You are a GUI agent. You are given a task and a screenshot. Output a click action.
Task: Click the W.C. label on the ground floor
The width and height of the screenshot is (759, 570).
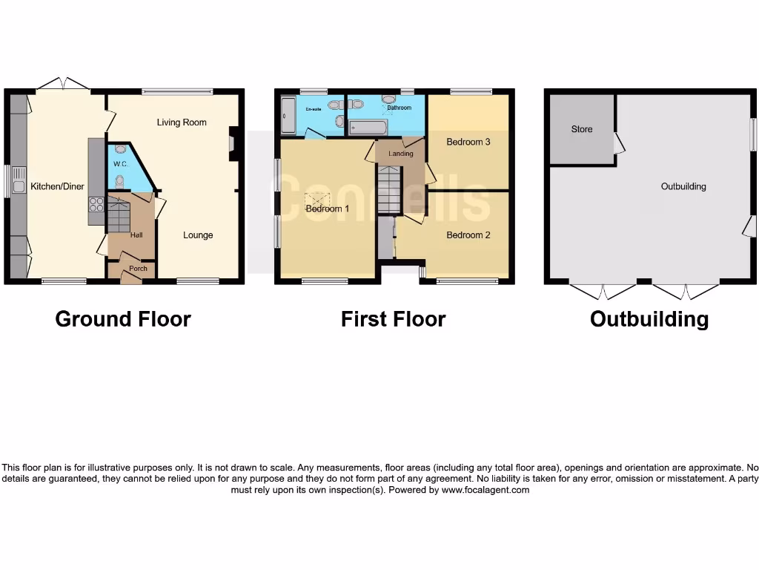pyautogui.click(x=122, y=163)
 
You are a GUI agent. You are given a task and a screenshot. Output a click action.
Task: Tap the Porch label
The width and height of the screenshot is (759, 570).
pyautogui.click(x=138, y=269)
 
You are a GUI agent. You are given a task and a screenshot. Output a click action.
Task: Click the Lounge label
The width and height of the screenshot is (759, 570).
pyautogui.click(x=198, y=235)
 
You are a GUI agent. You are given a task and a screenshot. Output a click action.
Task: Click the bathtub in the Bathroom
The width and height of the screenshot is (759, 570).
pyautogui.click(x=368, y=128)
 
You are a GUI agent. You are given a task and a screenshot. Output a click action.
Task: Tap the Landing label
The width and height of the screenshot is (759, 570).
pyautogui.click(x=400, y=154)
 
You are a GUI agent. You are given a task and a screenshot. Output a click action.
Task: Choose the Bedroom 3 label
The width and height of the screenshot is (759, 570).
pyautogui.click(x=468, y=142)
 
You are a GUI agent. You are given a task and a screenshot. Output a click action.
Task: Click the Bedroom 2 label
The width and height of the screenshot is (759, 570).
pyautogui.click(x=468, y=235)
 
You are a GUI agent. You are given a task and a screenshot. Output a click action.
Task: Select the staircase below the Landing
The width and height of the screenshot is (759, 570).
pyautogui.click(x=389, y=190)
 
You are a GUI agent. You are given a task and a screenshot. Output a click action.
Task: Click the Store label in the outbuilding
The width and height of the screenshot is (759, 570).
pyautogui.click(x=582, y=129)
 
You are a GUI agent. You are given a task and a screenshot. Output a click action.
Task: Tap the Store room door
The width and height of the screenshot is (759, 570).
pyautogui.click(x=619, y=143)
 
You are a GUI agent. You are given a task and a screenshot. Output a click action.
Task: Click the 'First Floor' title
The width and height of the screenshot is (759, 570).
pyautogui.click(x=393, y=319)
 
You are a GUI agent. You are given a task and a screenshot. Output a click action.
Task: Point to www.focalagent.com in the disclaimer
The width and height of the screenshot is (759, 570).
pyautogui.click(x=485, y=490)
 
